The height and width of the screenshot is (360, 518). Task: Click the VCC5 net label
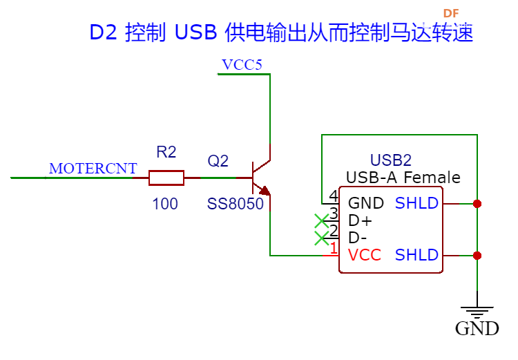[242, 65]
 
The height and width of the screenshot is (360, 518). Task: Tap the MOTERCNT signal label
[93, 169]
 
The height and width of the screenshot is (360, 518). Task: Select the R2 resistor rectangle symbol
[166, 178]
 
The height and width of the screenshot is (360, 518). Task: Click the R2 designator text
[166, 152]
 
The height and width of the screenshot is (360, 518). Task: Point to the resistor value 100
[165, 204]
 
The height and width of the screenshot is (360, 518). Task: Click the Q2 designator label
[218, 161]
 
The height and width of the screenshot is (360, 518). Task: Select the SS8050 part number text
[236, 204]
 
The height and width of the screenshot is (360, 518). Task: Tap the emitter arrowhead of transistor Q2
[265, 191]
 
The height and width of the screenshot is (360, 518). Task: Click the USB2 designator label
[391, 160]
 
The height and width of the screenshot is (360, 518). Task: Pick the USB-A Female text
[403, 178]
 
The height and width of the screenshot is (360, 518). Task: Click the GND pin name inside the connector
[366, 203]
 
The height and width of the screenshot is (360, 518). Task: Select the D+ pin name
[360, 220]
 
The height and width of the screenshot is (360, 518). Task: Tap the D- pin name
[358, 238]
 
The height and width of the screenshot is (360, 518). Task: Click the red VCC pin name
[365, 255]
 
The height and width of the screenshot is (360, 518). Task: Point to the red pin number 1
[334, 248]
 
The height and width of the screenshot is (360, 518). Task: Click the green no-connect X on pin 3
[321, 221]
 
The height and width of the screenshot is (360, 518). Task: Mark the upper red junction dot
[477, 204]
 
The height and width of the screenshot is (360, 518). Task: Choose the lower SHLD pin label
[416, 255]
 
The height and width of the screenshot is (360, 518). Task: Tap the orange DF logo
[451, 14]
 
